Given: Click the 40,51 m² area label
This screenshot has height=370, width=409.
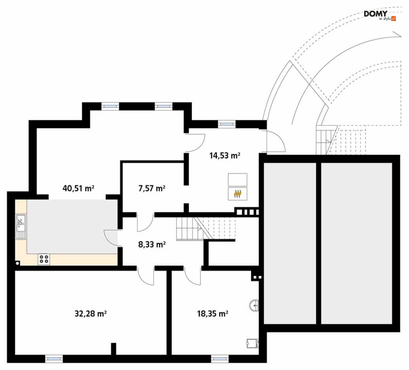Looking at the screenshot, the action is (79, 188).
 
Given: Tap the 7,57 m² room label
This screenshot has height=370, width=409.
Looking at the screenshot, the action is (152, 188).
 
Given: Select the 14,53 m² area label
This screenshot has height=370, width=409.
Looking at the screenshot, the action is (224, 156).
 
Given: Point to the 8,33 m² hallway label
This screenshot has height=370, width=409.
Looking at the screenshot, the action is (152, 244).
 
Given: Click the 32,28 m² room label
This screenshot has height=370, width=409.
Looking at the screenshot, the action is (90, 313).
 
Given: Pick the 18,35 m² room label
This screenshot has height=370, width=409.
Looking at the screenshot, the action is (213, 313).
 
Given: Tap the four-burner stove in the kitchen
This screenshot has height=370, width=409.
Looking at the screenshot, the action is (44, 259).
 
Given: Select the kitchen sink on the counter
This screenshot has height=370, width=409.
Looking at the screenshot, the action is (21, 226).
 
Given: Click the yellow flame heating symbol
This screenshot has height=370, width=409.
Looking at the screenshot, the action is (237, 194).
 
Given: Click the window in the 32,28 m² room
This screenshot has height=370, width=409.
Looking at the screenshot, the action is (54, 359).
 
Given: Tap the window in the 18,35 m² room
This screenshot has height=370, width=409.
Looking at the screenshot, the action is (220, 359).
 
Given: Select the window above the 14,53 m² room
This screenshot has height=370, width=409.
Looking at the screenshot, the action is (226, 124).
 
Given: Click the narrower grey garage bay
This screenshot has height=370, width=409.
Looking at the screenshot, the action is (290, 243).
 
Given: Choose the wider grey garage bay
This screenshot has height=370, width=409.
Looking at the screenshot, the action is (356, 243).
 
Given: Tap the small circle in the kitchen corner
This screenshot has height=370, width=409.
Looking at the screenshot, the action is (18, 263).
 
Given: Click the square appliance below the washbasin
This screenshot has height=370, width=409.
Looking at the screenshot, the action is (253, 343).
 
